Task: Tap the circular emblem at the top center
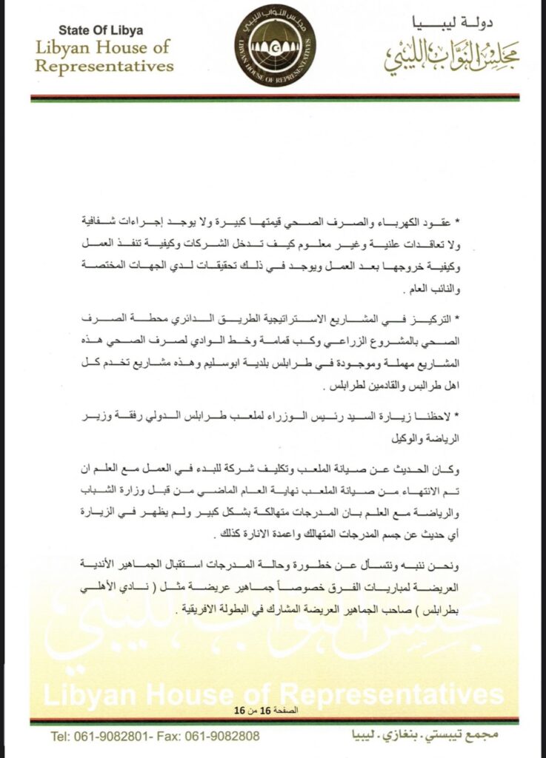pos(275,45)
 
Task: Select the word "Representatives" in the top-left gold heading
pos(104,66)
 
